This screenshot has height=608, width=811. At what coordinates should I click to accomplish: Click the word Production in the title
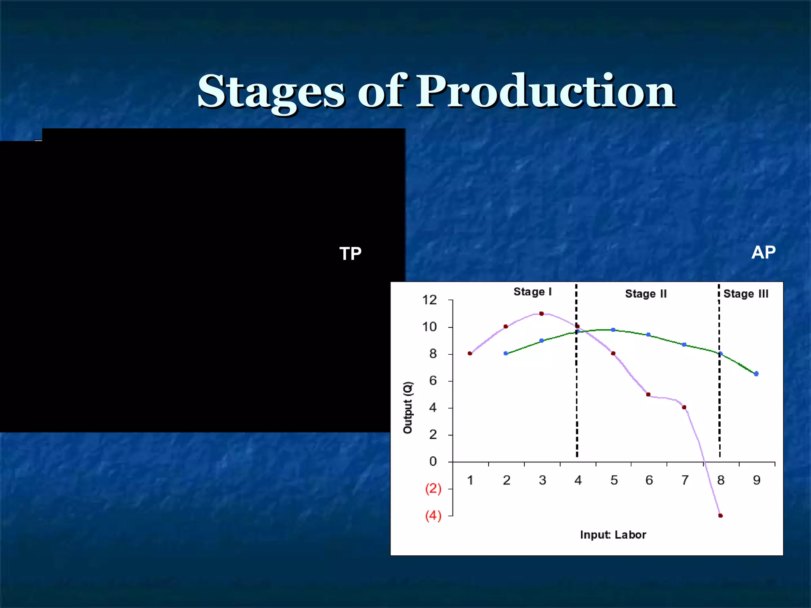545,92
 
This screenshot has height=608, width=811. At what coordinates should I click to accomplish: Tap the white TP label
350,254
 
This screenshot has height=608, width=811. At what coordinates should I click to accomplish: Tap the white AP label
763,252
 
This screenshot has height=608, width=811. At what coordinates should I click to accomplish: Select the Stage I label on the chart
532,292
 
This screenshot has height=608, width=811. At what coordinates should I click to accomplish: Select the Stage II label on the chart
645,294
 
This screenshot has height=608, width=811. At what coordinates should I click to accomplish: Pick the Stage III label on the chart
746,294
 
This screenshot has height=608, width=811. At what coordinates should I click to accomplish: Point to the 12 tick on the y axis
429,300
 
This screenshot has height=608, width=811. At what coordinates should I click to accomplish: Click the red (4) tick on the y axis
433,515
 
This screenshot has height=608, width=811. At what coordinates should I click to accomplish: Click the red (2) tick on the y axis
433,488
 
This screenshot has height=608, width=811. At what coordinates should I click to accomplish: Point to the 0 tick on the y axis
433,462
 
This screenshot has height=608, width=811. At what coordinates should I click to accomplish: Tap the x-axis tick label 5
614,480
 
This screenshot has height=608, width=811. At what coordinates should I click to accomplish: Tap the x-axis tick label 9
756,480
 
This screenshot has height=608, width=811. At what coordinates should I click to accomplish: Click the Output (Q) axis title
408,408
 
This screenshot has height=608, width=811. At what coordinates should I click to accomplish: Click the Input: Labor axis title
613,535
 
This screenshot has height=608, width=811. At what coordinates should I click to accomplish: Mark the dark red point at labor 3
541,313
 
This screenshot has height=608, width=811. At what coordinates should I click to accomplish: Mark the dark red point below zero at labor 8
720,515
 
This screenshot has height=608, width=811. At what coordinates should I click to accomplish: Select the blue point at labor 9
756,374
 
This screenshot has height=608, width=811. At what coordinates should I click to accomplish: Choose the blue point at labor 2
506,353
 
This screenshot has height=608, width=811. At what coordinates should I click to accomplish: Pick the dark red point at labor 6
648,394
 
